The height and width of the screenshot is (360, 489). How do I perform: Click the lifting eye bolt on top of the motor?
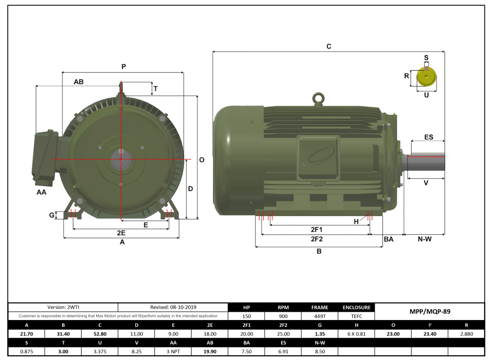(x=318, y=98)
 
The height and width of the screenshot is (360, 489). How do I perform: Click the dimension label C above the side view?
(x=328, y=46)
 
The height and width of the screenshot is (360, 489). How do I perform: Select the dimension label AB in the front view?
(x=78, y=82)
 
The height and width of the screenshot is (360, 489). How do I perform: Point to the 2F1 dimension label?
(x=316, y=229)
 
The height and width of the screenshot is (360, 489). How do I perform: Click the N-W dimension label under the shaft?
(x=425, y=239)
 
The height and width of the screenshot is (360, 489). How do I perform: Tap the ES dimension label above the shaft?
(x=428, y=137)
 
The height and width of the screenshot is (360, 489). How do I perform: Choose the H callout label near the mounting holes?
(x=356, y=222)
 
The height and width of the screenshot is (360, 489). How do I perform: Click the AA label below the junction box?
(x=42, y=192)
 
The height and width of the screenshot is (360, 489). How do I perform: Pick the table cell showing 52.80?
(x=99, y=334)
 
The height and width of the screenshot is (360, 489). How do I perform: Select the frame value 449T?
(x=320, y=316)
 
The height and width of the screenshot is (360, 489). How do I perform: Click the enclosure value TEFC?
(x=356, y=316)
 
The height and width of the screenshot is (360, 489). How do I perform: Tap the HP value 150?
(x=247, y=316)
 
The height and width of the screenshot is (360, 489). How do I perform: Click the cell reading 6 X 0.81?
(x=356, y=334)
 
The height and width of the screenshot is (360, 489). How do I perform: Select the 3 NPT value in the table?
(x=173, y=352)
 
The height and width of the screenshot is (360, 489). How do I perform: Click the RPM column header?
(x=283, y=307)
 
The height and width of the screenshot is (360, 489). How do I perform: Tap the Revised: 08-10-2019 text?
(x=173, y=307)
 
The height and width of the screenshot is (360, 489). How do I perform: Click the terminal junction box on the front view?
(x=45, y=157)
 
